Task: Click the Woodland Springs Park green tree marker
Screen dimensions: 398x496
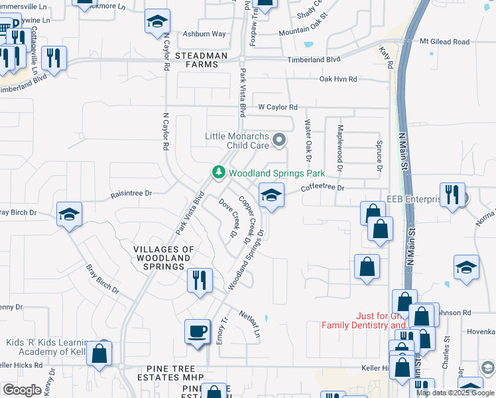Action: tap(217, 172)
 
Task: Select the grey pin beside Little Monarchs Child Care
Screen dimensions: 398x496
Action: tap(279, 139)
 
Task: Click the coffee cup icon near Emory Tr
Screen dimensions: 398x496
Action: tap(197, 331)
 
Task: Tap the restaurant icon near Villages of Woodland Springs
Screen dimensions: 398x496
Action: tap(200, 280)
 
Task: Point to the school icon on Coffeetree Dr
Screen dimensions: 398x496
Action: tap(271, 195)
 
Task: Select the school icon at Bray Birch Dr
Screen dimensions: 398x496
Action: tap(69, 214)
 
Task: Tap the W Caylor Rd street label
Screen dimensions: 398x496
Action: tap(278, 107)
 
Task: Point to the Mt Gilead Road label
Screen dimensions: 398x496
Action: tap(454, 42)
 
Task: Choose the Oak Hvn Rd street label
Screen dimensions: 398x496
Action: tap(338, 79)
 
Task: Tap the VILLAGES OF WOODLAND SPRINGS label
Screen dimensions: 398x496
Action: tap(164, 257)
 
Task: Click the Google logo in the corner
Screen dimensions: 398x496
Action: tap(22, 390)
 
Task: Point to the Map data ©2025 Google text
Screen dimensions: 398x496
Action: tap(456, 393)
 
